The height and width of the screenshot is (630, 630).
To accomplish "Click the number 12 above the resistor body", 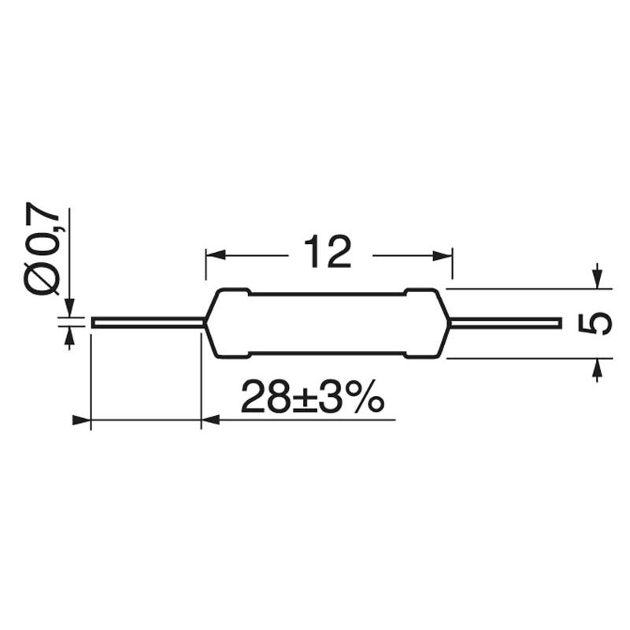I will point(327,253).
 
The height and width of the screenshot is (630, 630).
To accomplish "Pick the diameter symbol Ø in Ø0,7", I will point(43,278).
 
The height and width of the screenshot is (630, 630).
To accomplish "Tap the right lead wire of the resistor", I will point(504,323).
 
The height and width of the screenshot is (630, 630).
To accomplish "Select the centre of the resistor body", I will point(327,323).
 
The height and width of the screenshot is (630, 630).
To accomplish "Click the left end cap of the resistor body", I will point(228,323).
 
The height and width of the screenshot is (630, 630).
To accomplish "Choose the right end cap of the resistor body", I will point(426,323).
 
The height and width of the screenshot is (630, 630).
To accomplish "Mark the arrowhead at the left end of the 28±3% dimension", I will point(82,421).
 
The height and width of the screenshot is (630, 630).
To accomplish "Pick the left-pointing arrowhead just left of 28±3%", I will point(211,421).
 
